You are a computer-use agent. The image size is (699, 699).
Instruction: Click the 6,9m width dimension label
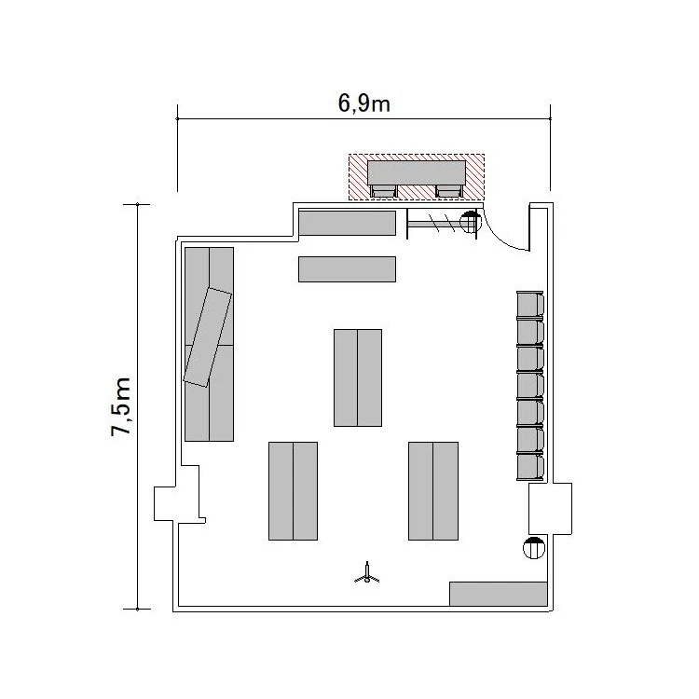363,103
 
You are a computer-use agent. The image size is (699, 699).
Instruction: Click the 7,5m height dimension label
121,406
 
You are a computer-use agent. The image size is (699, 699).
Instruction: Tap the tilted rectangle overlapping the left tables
208,337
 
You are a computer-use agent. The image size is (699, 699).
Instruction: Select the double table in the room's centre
358,377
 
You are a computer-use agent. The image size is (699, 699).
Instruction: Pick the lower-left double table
293,491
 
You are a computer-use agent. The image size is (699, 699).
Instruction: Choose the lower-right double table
433,491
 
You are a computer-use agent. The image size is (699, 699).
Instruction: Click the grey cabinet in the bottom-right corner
498,594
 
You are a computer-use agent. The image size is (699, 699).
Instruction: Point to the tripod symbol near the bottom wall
367,574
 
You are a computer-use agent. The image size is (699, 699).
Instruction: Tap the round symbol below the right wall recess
534,548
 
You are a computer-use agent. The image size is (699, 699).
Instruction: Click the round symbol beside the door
471,222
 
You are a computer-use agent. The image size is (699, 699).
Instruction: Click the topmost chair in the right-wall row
530,305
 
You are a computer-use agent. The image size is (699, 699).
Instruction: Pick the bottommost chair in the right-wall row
530,466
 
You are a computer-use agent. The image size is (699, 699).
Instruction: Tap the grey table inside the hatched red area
417,172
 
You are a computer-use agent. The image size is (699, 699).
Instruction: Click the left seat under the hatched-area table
383,191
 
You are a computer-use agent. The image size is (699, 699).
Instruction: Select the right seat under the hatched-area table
448,191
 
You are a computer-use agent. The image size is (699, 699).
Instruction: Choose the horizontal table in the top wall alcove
347,223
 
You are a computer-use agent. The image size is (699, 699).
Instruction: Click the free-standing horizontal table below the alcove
347,269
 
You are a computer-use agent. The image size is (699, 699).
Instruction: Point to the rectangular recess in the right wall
550,509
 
